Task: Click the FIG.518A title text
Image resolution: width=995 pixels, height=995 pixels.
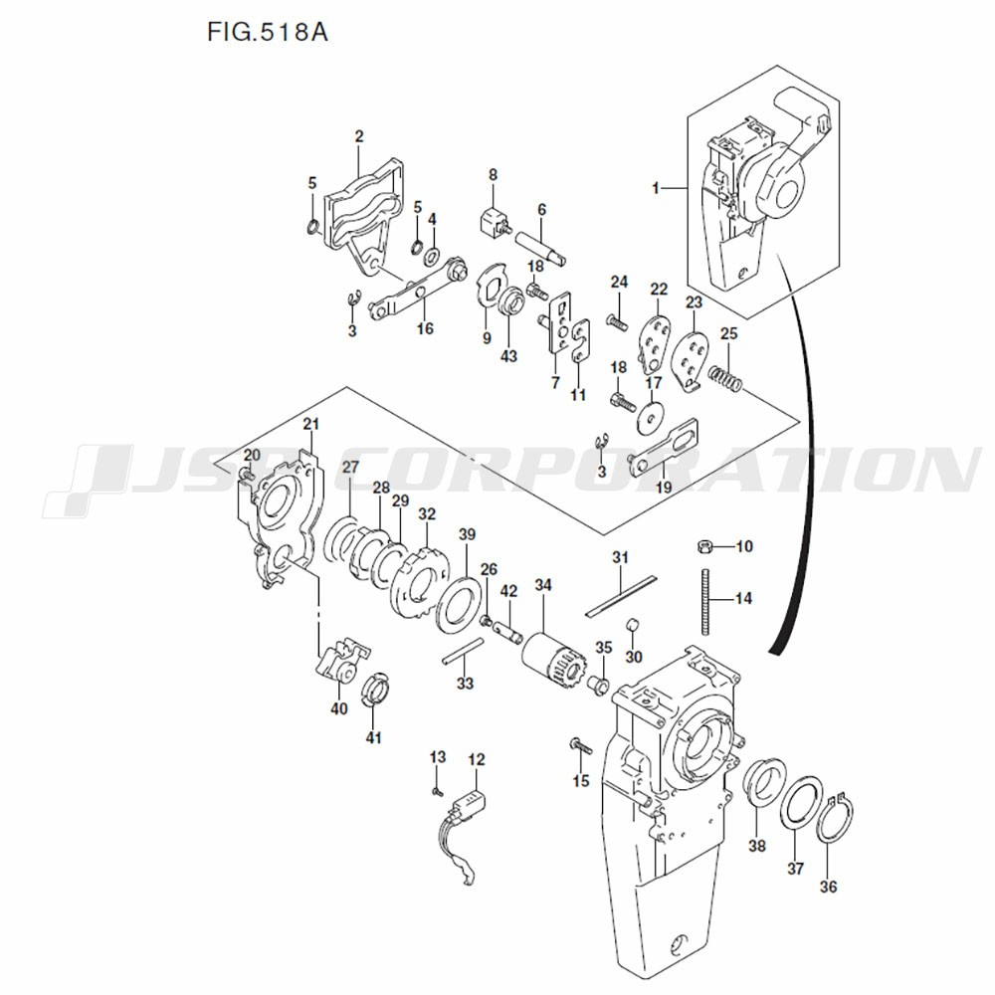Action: click(x=268, y=33)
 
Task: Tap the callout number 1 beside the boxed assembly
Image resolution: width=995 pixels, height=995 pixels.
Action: click(x=656, y=187)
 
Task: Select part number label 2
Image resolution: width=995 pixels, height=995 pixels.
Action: click(x=359, y=136)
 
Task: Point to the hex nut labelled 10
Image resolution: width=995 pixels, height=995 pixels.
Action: click(x=703, y=546)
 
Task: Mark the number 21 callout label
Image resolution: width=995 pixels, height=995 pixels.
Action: click(x=311, y=426)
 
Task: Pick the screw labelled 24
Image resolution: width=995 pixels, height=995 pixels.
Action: click(x=614, y=321)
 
